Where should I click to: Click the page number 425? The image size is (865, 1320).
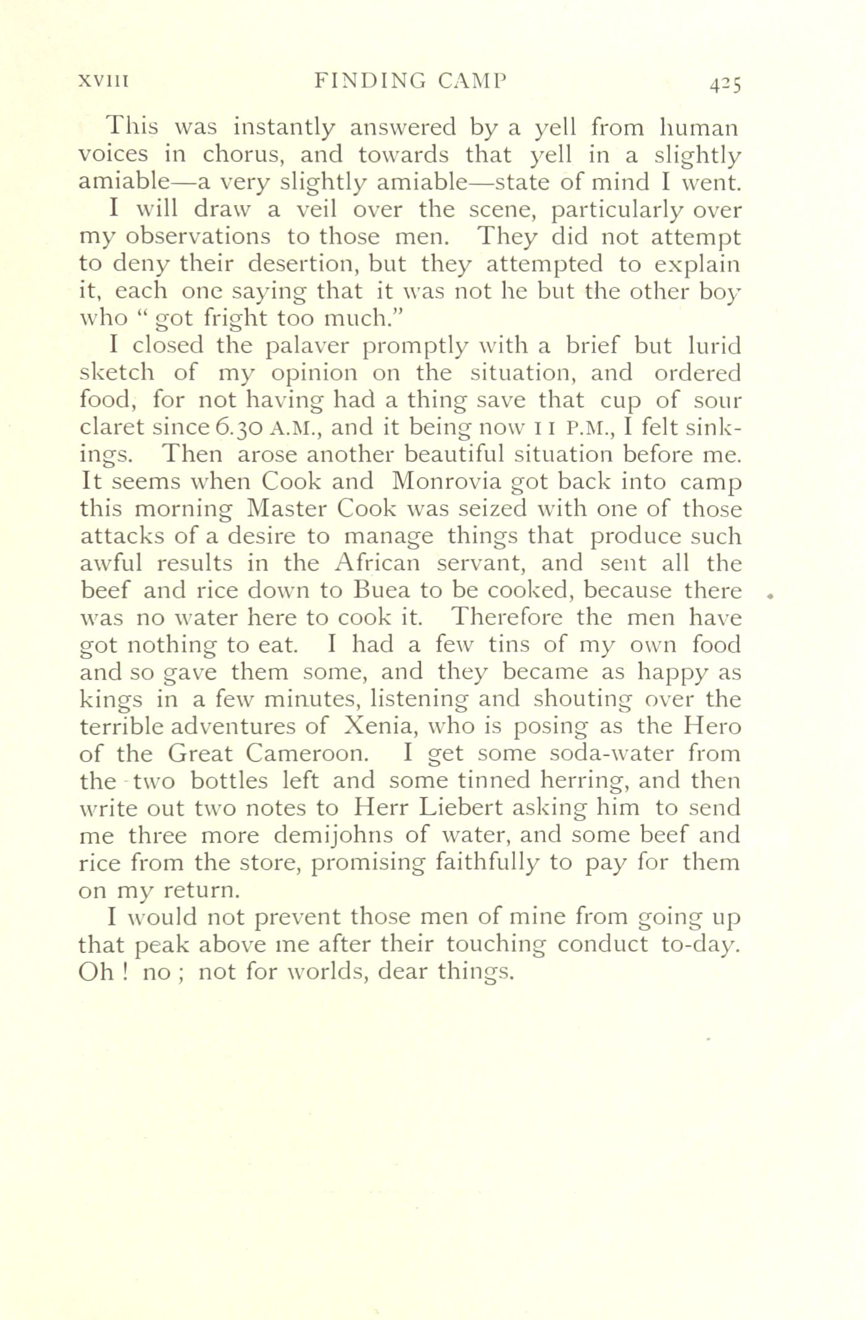[724, 83]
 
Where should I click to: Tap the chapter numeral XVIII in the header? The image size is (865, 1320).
[102, 81]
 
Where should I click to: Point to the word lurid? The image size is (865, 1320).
[714, 346]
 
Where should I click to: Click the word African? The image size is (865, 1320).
[377, 563]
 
